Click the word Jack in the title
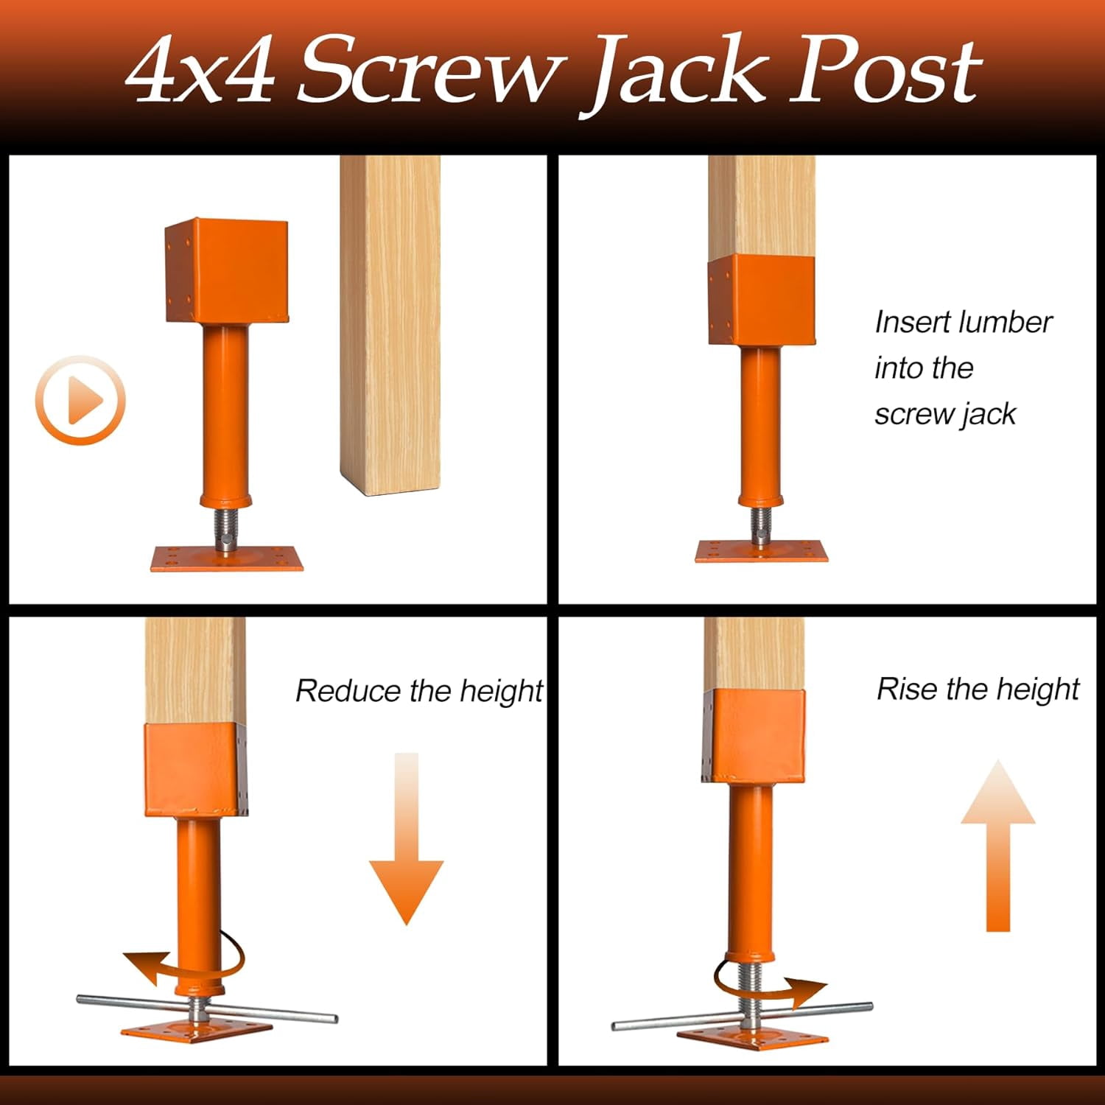[678, 74]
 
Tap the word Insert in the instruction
[908, 322]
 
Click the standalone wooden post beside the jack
[390, 324]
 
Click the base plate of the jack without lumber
[227, 558]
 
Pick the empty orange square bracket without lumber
[226, 270]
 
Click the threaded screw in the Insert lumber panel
[761, 525]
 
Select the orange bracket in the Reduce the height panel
[195, 770]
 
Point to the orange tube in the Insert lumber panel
[761, 424]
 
